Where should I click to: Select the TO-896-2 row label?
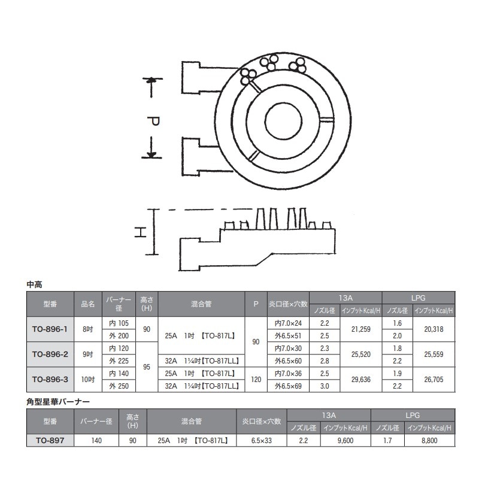[50, 354]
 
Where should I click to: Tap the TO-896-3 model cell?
[50, 379]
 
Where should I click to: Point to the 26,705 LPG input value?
[433, 379]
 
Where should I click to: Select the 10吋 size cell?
[88, 379]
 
